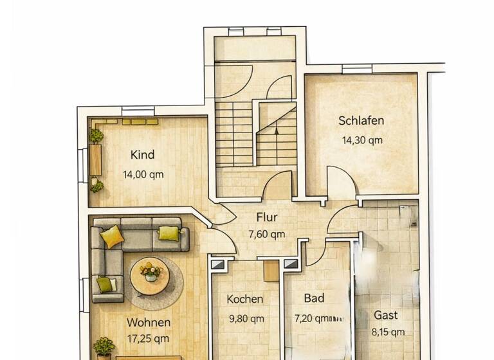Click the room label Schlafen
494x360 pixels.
pos(361,120)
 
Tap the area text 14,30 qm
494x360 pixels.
pos(361,139)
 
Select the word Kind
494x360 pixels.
pos(142,155)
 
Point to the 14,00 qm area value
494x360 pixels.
pos(143,174)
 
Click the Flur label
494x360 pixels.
pos(266,217)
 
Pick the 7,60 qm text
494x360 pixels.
pos(266,235)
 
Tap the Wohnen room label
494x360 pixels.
pos(148,322)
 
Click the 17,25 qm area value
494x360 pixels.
pos(148,338)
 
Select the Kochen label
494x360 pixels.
pos(244,299)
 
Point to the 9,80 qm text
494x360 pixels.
pos(245,318)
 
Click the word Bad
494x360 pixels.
pos(314,298)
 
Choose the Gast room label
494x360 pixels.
pos(386,316)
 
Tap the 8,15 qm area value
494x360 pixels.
pos(389,332)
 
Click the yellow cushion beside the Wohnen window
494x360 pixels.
pos(105,283)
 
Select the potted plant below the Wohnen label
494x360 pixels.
pos(104,348)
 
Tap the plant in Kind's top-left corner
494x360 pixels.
pos(96,136)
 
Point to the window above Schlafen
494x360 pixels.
pos(357,69)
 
